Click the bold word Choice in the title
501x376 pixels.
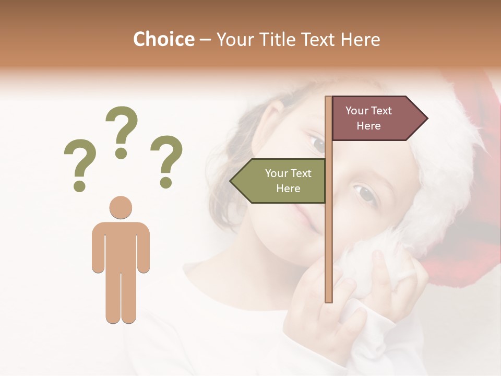[163, 39]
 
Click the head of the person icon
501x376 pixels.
[121, 207]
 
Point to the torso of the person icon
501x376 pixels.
[121, 245]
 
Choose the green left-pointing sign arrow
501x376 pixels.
[279, 181]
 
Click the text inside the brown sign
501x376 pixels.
[368, 118]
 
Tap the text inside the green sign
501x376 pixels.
[288, 181]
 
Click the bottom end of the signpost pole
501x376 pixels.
[329, 299]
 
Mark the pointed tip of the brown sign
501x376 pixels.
[426, 119]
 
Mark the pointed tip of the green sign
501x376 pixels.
[231, 181]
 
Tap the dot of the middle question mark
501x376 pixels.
[122, 153]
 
